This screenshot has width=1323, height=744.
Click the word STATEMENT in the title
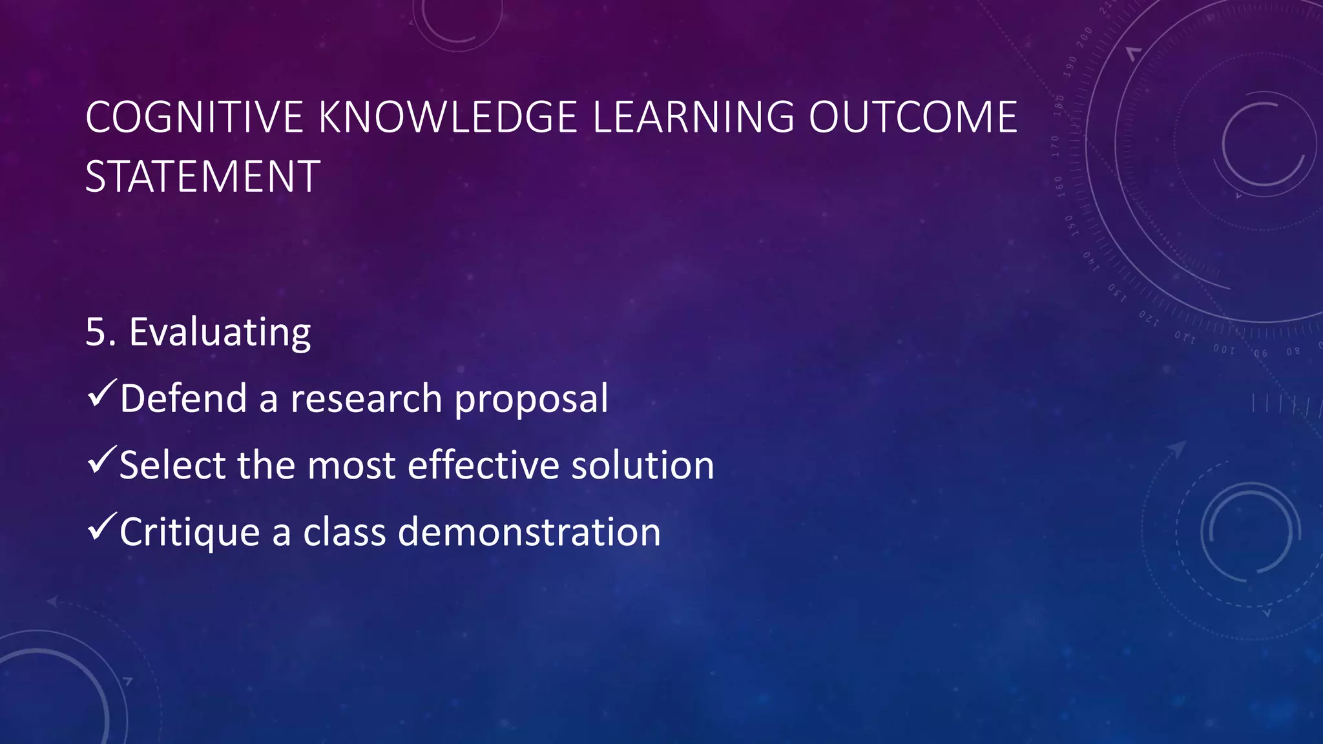point(202,176)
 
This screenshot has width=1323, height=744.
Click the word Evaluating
point(220,333)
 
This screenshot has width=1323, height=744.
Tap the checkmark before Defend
point(101,393)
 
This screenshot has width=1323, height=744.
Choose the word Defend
point(183,398)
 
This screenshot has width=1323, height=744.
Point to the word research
point(366,398)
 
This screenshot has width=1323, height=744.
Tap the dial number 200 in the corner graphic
point(1085,37)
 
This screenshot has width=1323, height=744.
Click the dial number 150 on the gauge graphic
point(1069,227)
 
